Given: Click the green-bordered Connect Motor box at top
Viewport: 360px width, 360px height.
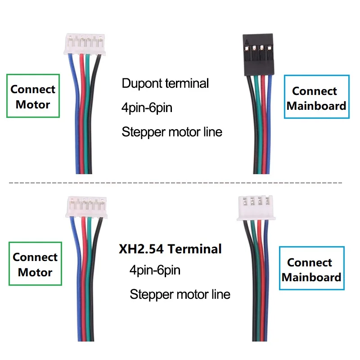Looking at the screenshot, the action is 33,96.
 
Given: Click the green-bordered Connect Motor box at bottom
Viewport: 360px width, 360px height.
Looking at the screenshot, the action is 35,264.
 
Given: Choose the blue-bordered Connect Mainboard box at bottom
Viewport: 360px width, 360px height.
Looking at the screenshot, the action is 311,269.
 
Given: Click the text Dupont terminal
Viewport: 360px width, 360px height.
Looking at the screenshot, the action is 165,83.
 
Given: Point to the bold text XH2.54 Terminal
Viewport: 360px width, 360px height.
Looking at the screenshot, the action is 170,248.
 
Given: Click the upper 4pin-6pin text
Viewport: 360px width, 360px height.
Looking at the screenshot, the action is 147,108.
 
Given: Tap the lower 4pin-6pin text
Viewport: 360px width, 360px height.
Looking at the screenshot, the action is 155,270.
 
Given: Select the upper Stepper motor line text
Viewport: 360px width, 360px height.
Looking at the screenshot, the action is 172,132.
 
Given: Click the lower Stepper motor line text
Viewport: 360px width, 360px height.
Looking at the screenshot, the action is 180,295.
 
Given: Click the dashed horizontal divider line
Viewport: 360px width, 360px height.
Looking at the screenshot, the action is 175,183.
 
